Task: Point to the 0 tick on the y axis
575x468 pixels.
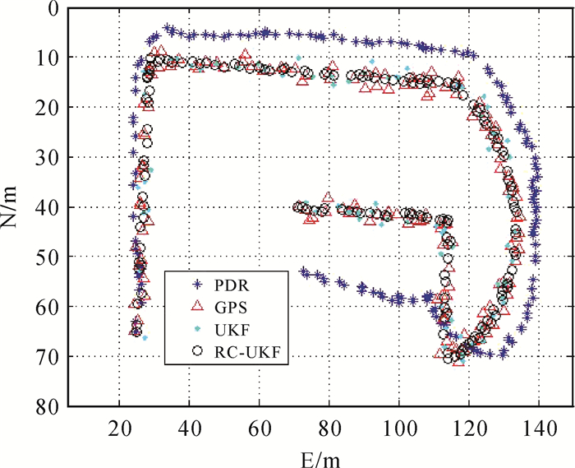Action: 54,8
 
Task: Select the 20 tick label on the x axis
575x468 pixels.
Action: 119,424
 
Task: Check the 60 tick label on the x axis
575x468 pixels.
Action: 260,424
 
